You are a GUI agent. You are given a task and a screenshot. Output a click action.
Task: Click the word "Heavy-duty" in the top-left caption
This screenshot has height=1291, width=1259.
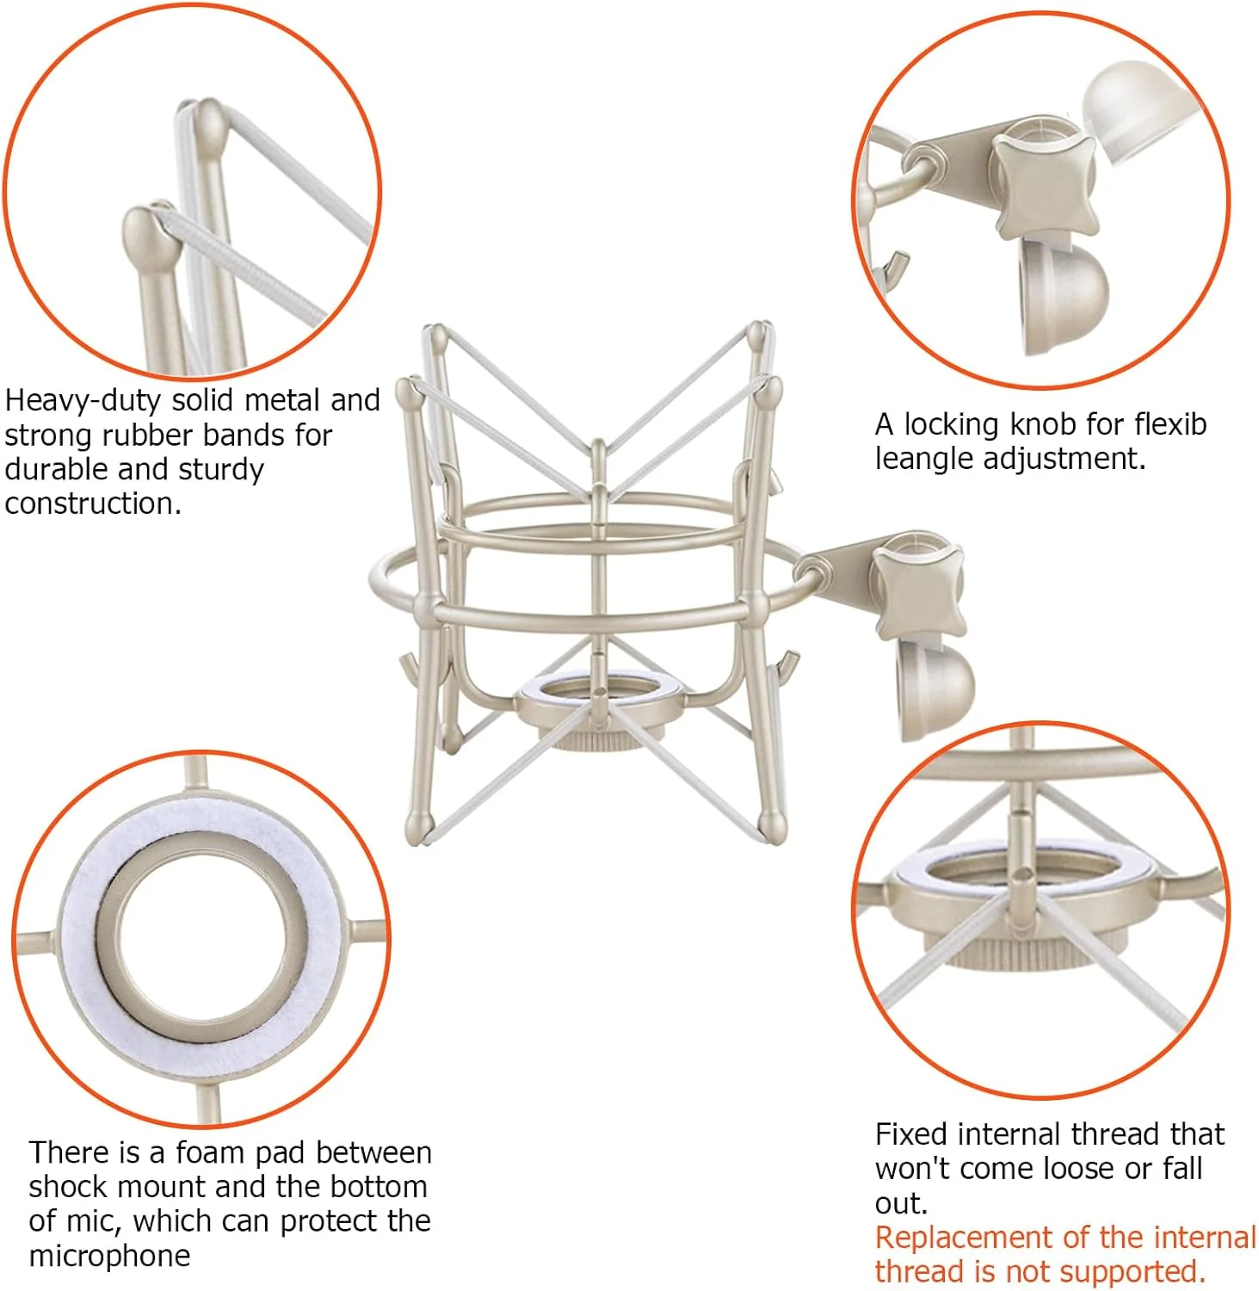pos(84,401)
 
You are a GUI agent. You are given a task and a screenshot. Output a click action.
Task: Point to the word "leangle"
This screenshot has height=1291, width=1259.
pos(924,460)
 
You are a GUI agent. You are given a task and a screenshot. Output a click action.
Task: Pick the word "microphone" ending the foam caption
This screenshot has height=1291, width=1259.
pos(109,1257)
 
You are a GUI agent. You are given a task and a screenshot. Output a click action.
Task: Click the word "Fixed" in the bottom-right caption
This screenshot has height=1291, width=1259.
pos(911,1134)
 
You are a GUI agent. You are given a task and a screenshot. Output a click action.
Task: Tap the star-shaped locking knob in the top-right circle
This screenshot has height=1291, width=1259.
pos(1045,184)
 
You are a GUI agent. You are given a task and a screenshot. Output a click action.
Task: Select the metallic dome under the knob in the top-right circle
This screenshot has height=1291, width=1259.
pos(1063,297)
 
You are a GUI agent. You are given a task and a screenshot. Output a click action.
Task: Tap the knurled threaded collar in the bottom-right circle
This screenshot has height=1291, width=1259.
pos(1024,950)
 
